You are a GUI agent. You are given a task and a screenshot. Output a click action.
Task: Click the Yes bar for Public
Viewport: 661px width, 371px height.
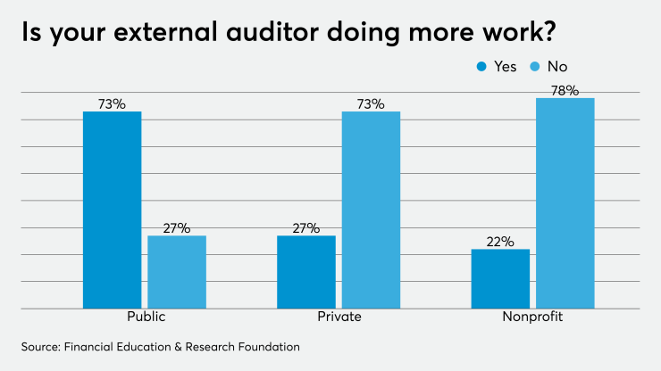[x=112, y=210]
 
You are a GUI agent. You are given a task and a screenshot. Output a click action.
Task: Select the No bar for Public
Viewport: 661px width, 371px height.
[x=176, y=272]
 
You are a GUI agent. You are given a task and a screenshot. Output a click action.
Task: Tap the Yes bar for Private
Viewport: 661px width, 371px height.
[x=305, y=272]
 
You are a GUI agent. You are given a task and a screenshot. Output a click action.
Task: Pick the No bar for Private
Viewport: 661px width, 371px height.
[x=371, y=210]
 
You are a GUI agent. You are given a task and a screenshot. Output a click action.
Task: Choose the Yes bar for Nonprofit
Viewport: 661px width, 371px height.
[x=500, y=278]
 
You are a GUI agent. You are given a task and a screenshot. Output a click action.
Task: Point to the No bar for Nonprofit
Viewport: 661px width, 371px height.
[x=565, y=203]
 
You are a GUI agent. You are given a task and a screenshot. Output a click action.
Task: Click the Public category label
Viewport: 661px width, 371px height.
[x=145, y=317]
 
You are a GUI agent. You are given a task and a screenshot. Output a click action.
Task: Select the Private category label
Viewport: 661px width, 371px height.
[x=339, y=317]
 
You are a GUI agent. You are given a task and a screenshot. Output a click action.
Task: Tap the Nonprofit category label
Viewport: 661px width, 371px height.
[x=532, y=317]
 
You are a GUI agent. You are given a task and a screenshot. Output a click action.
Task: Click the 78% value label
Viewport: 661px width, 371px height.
[x=565, y=90]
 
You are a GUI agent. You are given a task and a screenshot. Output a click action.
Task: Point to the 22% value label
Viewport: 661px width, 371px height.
[x=500, y=242]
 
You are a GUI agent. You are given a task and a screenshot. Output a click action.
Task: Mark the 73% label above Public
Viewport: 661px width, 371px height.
[x=112, y=103]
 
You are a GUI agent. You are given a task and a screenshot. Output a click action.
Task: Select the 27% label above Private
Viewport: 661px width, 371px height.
[x=305, y=227]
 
